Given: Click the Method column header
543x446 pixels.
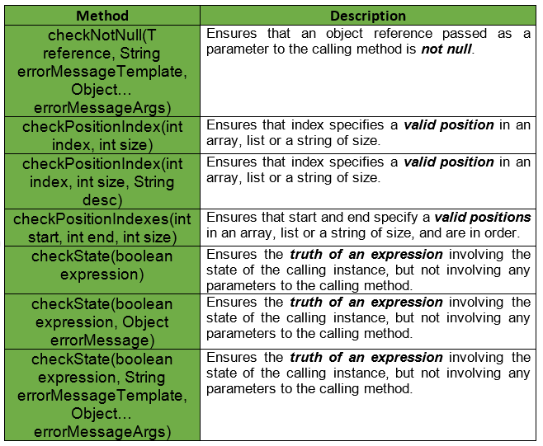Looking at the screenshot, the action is coord(102,16).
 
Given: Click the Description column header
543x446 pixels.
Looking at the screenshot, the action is coord(368,16).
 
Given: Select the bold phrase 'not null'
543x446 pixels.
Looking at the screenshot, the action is coord(446,49).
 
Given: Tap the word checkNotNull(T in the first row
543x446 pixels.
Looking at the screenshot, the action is coord(102,35).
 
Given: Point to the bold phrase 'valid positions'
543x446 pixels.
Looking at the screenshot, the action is coord(483,218).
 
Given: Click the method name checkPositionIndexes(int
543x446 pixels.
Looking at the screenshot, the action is coord(102,219).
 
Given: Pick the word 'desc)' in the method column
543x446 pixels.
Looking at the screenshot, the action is coord(102,200).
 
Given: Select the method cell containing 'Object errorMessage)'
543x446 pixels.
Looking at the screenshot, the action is coord(102,322).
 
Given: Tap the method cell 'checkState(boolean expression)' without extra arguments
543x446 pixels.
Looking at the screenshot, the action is coord(102,270).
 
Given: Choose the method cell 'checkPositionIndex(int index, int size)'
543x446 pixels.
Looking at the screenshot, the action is coord(102,135).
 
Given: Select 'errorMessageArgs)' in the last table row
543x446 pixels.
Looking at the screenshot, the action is coord(102,432).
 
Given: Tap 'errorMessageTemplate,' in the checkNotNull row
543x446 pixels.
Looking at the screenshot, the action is coord(102,72).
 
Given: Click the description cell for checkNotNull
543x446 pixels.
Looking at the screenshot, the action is coord(368,71).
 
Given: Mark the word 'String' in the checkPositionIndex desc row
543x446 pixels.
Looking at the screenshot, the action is coord(153,182).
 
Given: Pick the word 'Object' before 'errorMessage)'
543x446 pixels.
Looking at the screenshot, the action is coord(145,322).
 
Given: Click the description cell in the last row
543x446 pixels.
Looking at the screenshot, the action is coord(368,395).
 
